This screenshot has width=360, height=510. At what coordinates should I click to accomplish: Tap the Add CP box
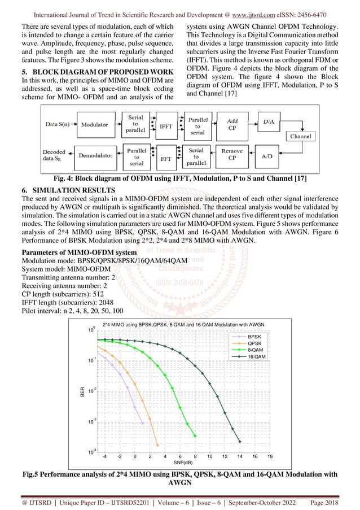(x=231, y=124)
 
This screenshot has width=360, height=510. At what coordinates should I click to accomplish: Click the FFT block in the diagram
(x=166, y=159)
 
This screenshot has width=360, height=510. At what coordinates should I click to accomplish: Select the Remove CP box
(x=231, y=155)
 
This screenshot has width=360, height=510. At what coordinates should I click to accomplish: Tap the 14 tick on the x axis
(x=240, y=456)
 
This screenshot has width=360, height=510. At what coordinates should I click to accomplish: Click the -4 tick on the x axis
(x=104, y=456)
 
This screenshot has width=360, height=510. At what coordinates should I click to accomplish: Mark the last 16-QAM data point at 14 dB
(x=240, y=441)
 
